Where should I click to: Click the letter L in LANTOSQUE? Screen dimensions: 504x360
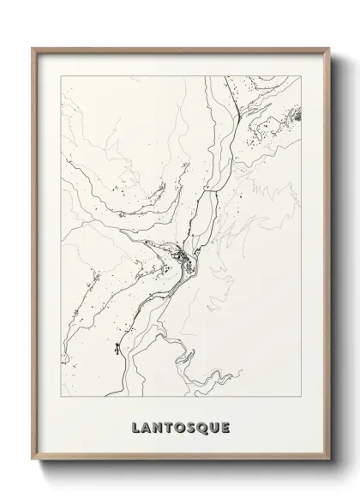tap(136, 427)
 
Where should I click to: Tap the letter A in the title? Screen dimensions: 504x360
tap(147, 427)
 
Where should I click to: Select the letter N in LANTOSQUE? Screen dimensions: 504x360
tap(159, 427)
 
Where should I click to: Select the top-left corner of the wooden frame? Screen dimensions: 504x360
tap(33, 48)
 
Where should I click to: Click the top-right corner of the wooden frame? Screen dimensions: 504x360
tap(329, 48)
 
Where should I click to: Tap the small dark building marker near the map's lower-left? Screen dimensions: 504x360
tap(114, 348)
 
